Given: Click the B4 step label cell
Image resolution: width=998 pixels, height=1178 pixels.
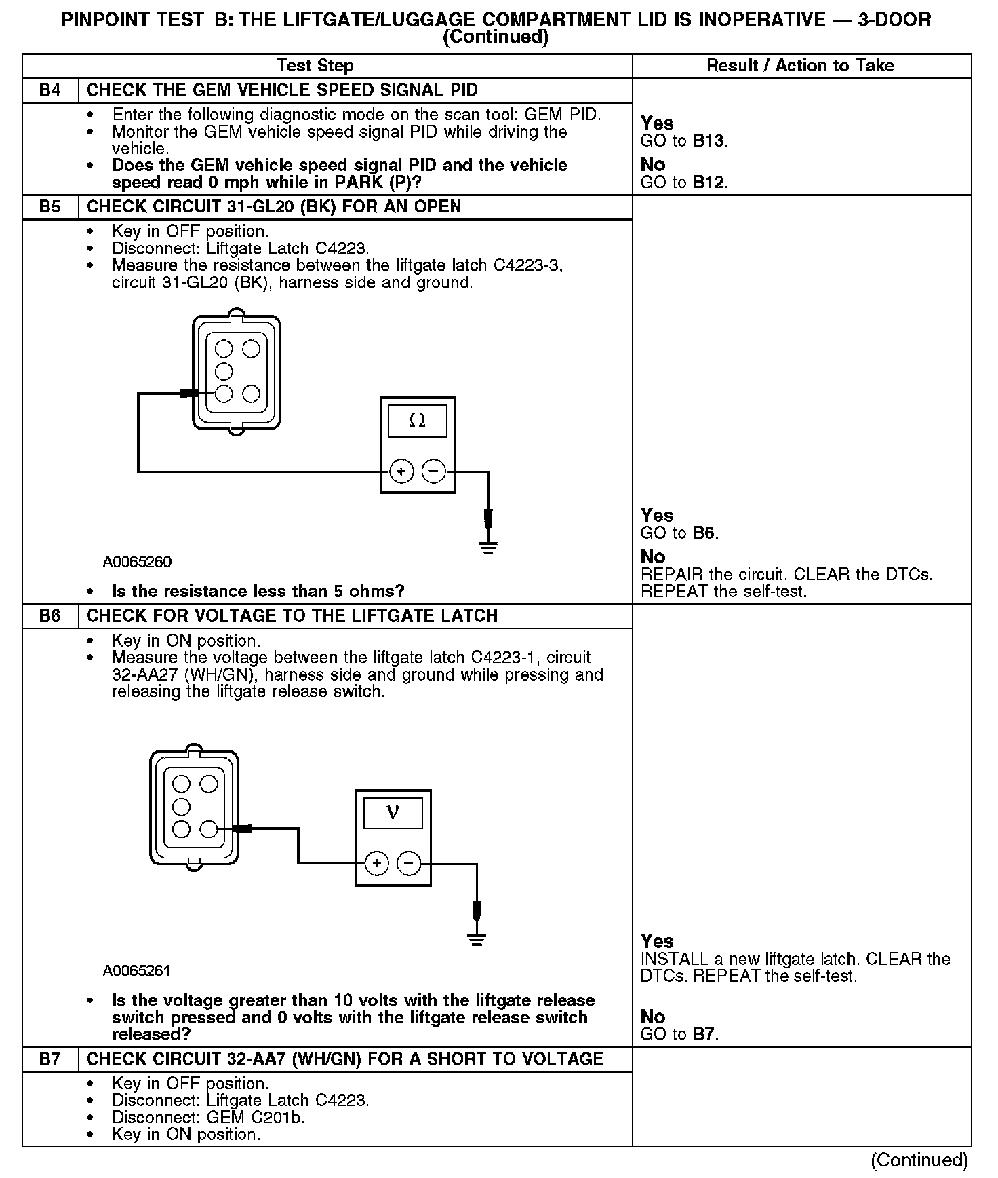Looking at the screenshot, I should point(50,90).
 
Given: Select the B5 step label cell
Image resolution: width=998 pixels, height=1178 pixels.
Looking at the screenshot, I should point(50,207).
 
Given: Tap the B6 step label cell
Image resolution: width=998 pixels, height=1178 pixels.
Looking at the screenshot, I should point(50,616).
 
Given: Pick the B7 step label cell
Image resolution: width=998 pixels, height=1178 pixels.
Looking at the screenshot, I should point(50,1059).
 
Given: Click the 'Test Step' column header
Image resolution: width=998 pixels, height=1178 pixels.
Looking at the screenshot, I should point(315,66).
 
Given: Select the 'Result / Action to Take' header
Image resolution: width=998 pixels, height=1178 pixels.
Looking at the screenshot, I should point(800,66).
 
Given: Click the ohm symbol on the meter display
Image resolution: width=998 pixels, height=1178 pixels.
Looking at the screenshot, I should point(417,421).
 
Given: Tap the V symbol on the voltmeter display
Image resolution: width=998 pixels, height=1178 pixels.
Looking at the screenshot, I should point(393,812).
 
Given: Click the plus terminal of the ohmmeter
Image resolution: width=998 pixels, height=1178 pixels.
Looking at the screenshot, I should point(401,471).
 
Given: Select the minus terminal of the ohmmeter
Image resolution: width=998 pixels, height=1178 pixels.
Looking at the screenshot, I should point(434,471).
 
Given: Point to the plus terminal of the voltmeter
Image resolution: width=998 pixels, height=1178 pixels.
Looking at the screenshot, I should point(376,863).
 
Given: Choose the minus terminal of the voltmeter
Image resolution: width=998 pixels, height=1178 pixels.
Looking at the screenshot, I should point(409,863).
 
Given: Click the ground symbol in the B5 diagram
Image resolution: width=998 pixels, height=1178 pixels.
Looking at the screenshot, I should point(488,548).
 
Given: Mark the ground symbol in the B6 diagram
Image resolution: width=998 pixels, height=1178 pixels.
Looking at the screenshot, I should point(477,940).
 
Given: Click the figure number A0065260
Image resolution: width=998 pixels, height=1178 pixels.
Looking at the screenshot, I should point(137,563).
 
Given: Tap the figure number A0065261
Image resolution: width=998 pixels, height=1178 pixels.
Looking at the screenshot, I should point(137,971).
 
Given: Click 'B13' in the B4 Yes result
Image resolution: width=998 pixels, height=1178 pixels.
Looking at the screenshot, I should point(708,142).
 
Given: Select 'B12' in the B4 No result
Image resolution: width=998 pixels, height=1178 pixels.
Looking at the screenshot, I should point(708,183).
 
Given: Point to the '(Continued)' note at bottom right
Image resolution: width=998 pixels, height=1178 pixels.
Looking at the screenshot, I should point(919,1160).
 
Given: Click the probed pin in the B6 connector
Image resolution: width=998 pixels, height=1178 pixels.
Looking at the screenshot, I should point(209,829).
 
